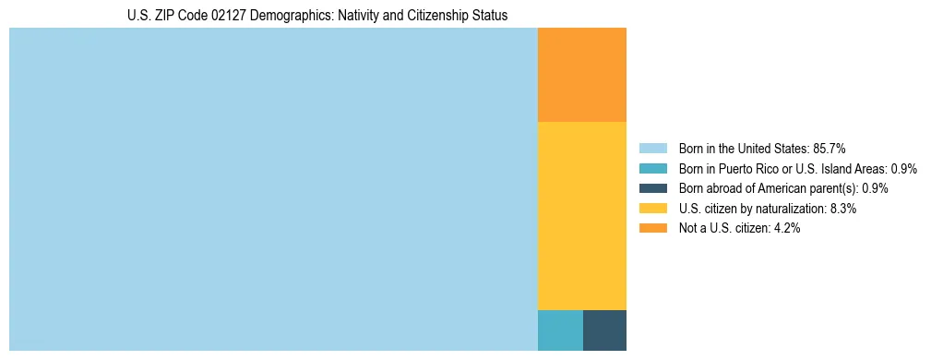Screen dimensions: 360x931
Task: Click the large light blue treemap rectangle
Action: click(x=273, y=189)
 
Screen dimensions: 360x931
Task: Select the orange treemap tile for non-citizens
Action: click(x=581, y=75)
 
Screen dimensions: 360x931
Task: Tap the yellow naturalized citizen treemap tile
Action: click(x=581, y=216)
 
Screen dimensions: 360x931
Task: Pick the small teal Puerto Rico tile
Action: click(x=560, y=330)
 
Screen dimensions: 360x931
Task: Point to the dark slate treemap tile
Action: click(x=604, y=330)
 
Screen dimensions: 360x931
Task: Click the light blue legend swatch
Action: click(x=652, y=148)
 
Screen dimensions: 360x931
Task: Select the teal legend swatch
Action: click(x=652, y=168)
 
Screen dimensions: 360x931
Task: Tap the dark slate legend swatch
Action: click(x=652, y=188)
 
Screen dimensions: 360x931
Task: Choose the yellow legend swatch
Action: click(x=652, y=209)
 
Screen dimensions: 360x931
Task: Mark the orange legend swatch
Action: click(x=652, y=229)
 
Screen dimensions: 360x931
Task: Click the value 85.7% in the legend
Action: click(x=830, y=148)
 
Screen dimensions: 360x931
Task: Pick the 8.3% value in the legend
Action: click(x=843, y=209)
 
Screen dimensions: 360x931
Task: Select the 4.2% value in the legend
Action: click(x=786, y=229)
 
